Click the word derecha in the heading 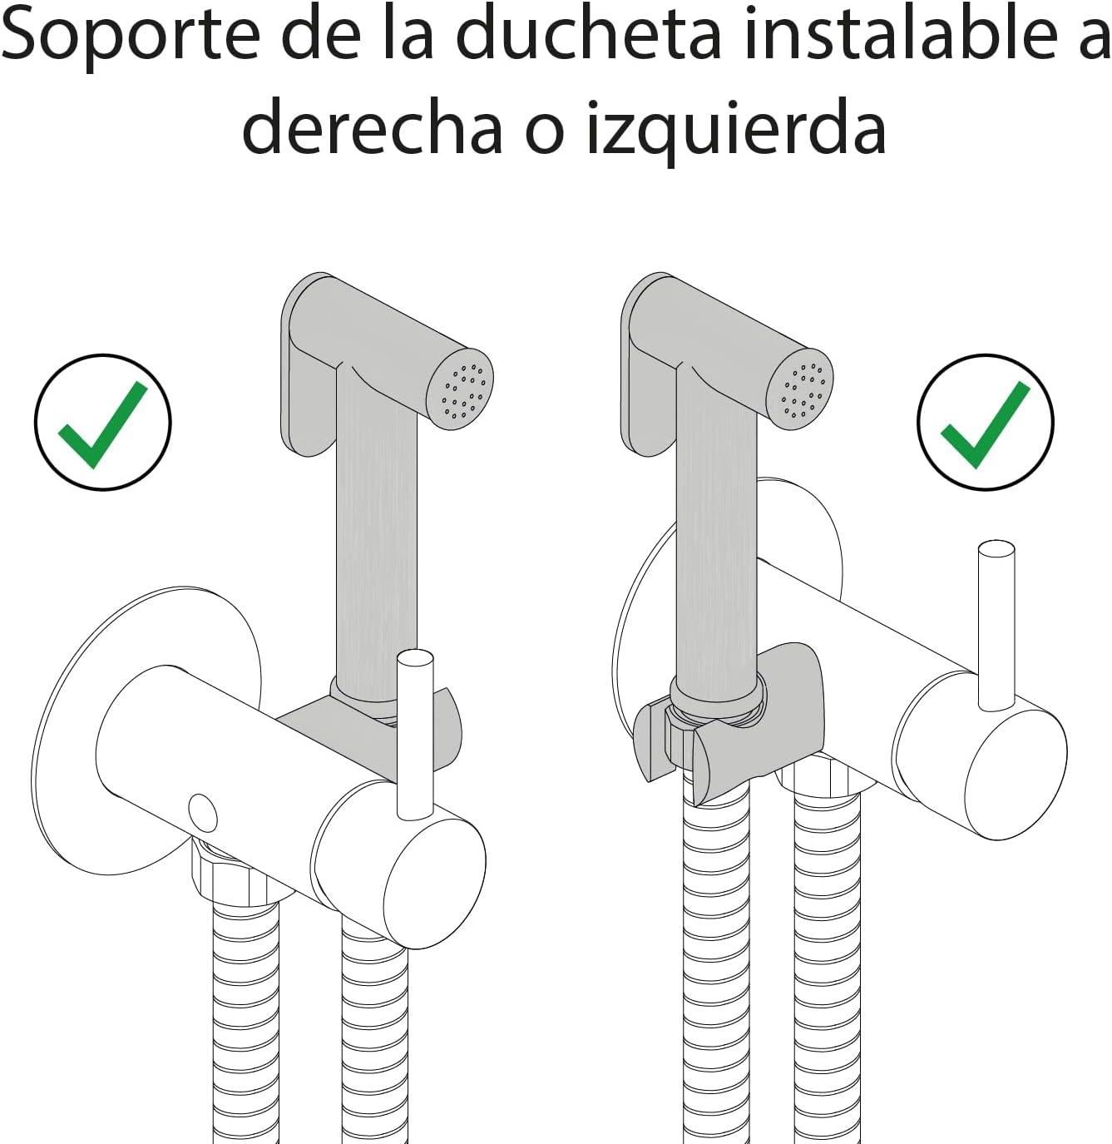pos(372,126)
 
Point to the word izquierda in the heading pos(737,131)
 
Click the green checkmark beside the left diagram pos(102,423)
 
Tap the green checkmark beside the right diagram pos(985,423)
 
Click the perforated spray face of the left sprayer pos(460,389)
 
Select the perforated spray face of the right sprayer pos(799,389)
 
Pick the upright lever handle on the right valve pos(996,625)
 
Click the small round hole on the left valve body pos(202,813)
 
